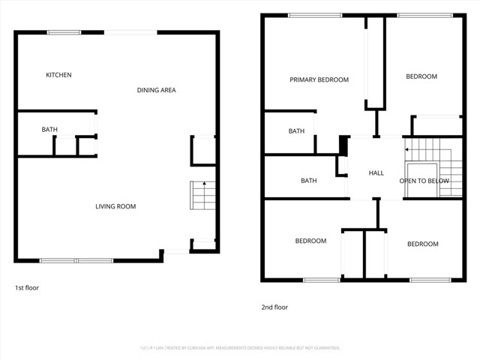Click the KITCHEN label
coord(58,75)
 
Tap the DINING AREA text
coord(156,90)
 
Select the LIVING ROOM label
coord(115,206)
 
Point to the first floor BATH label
coord(49,130)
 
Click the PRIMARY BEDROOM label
coord(319,79)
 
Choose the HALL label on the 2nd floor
coord(376,173)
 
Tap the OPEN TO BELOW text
coord(424,181)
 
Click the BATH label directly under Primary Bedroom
coord(296,131)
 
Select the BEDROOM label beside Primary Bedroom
coord(421,76)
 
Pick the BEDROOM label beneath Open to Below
coord(422,244)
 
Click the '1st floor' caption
coord(26,288)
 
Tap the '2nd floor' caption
coord(274,307)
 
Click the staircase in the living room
coord(202,197)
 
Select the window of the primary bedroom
coord(310,15)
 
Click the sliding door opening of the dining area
coord(130,32)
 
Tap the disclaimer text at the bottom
coord(240,348)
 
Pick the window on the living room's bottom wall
coord(76,260)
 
